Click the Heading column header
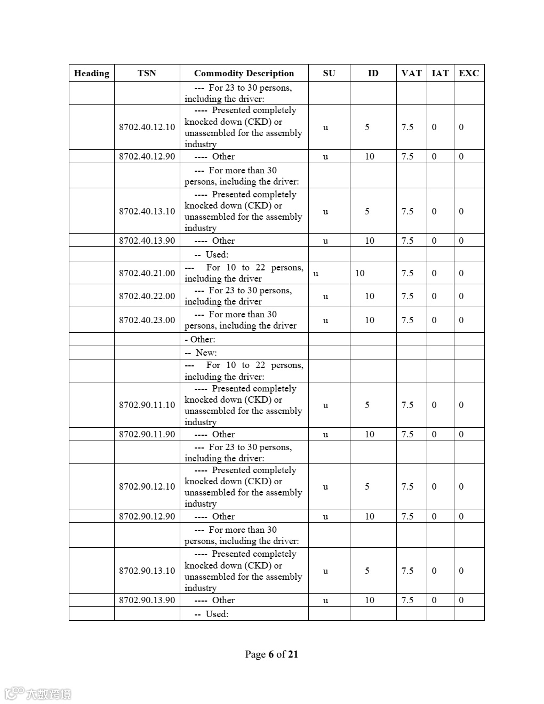[x=92, y=73]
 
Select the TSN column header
[x=147, y=73]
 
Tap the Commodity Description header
[x=244, y=73]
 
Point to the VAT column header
[x=411, y=73]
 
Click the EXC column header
[x=469, y=73]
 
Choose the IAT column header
[x=440, y=73]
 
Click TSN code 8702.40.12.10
[x=147, y=127]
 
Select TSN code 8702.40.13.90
[x=147, y=241]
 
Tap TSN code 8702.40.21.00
[x=147, y=273]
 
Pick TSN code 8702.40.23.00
[x=147, y=320]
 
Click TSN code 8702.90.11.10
[x=147, y=405]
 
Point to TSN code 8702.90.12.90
[x=147, y=516]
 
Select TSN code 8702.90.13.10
[x=147, y=571]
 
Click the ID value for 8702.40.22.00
[x=370, y=296]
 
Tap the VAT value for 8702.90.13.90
[x=407, y=600]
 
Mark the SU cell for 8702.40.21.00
[x=316, y=274]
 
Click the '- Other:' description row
[x=200, y=339]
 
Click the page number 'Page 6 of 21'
[x=271, y=654]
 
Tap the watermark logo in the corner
[x=37, y=694]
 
